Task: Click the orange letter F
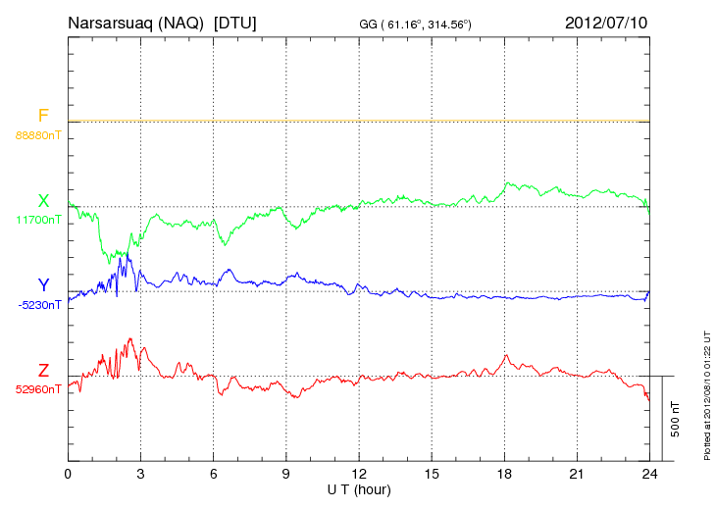43,116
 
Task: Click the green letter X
43,201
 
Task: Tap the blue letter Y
43,286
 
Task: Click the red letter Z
43,371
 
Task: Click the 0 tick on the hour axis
68,475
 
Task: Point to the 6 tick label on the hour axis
213,475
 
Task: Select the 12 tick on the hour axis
359,475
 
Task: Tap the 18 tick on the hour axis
504,475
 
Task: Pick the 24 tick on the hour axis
649,475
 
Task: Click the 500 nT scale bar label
676,419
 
